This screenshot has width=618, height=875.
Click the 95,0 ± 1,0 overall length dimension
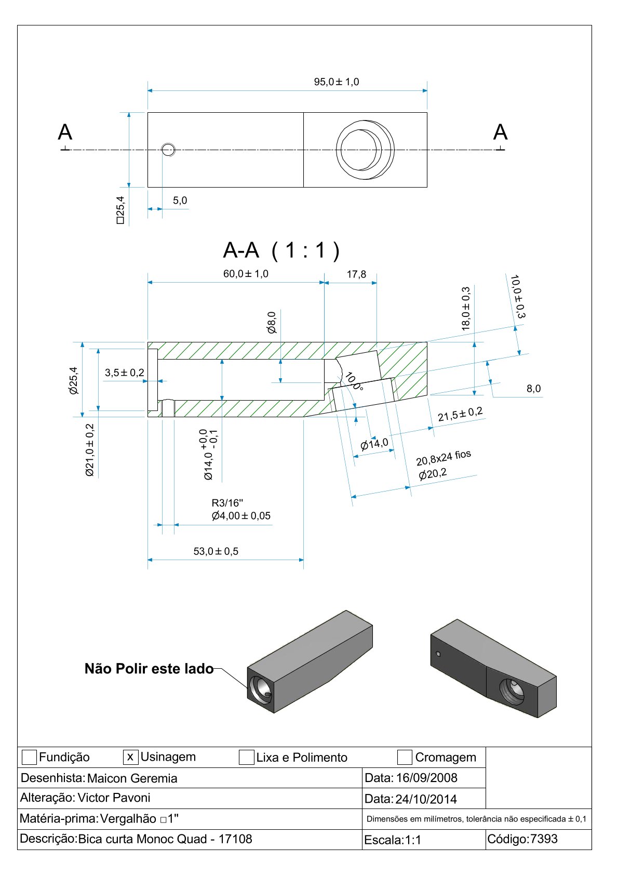point(336,82)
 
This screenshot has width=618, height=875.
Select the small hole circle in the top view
point(168,150)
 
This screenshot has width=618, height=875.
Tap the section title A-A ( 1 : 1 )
point(281,250)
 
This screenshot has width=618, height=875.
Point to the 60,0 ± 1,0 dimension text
point(246,274)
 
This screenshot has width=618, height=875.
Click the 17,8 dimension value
point(356,274)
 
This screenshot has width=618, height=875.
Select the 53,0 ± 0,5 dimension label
point(216,551)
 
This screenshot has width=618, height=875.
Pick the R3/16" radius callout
point(227,503)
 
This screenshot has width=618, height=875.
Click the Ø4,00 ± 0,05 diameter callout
point(241,516)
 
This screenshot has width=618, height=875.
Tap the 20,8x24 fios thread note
point(443,458)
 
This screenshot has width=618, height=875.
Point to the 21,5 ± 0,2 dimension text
point(460,415)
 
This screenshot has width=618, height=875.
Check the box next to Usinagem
point(130,757)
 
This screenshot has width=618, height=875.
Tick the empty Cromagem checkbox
point(405,758)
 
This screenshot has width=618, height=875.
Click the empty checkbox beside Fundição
point(29,758)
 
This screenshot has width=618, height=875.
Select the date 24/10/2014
point(426,799)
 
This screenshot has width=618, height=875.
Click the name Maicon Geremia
point(132,778)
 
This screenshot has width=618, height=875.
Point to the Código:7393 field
point(522,839)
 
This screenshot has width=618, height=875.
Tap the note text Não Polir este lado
point(149,669)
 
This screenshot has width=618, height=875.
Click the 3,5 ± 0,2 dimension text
point(124,373)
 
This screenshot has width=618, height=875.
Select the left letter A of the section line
point(65,132)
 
